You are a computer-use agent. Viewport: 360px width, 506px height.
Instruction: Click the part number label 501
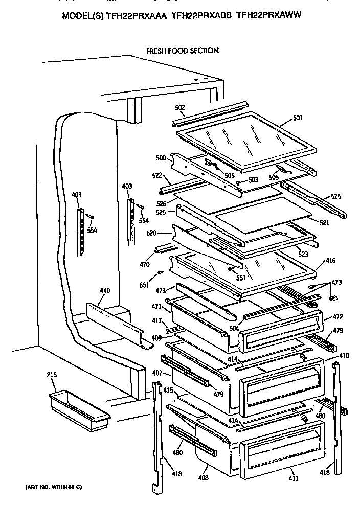click(x=298, y=118)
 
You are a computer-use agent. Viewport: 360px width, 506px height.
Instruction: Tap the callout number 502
click(x=179, y=108)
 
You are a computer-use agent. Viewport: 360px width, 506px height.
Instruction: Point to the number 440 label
click(x=104, y=291)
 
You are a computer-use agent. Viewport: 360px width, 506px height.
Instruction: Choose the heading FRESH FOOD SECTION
click(x=182, y=51)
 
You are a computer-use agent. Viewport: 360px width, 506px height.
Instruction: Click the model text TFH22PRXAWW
click(x=269, y=16)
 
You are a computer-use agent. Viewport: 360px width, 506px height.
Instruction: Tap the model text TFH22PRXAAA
click(x=137, y=16)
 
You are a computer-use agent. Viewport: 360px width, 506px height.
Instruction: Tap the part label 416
click(x=330, y=261)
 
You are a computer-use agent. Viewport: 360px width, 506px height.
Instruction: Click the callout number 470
click(x=145, y=265)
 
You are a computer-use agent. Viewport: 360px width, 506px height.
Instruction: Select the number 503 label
click(x=253, y=179)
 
